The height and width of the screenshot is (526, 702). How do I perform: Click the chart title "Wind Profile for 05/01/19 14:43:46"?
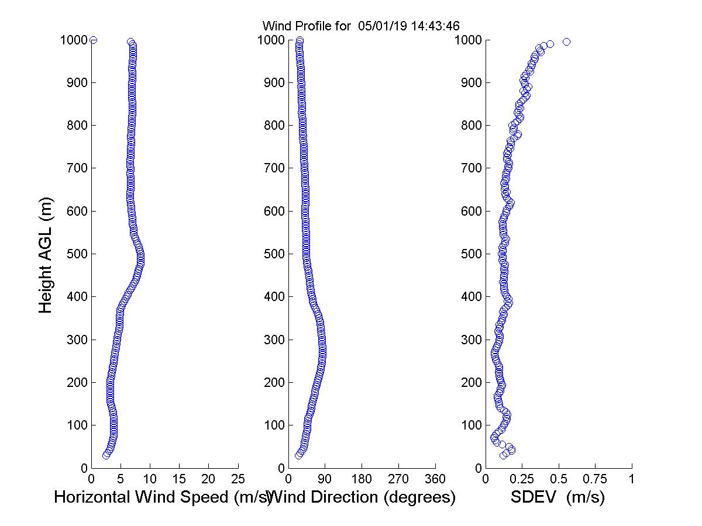click(x=360, y=26)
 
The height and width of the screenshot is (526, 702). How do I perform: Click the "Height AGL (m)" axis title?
click(x=46, y=255)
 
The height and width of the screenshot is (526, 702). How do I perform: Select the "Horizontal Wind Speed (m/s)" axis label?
click(x=163, y=497)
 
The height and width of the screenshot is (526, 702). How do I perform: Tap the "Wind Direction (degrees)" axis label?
click(x=363, y=497)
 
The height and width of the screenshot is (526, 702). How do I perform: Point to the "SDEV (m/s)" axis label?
click(x=558, y=497)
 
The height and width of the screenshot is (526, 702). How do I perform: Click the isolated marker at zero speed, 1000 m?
click(x=93, y=40)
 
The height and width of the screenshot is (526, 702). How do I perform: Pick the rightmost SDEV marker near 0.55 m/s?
click(x=566, y=41)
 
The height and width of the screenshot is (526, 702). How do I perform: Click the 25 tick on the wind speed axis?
click(x=238, y=479)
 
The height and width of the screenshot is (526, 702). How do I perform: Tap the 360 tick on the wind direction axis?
click(x=435, y=479)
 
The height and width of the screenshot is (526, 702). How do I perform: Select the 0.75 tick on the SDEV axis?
click(x=595, y=479)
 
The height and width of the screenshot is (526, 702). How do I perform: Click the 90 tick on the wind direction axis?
click(x=325, y=479)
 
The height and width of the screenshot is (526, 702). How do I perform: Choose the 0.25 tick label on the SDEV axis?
click(x=522, y=479)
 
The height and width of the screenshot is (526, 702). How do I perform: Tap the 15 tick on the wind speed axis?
click(x=180, y=479)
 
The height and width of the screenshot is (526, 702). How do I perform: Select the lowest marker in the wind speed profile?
click(x=106, y=455)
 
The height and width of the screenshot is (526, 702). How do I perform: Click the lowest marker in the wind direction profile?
click(x=298, y=455)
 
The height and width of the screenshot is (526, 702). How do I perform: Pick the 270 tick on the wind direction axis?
click(x=398, y=479)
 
